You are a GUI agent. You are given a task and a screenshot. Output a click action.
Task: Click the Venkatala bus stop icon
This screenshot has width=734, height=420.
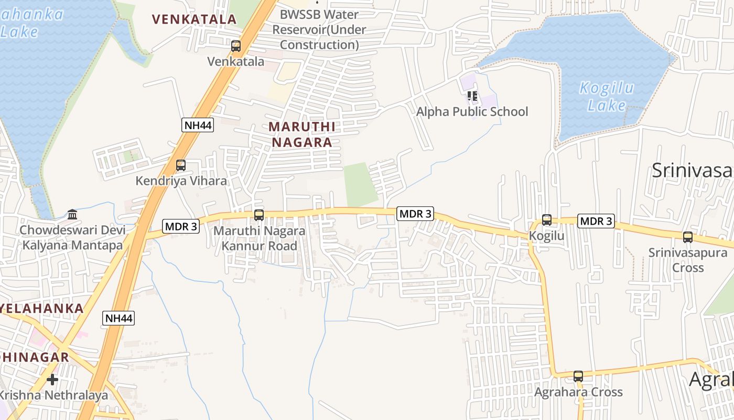(236, 46)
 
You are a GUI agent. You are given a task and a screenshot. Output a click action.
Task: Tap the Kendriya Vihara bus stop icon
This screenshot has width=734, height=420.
(181, 165)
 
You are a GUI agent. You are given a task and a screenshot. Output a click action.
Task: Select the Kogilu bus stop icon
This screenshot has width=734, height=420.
(547, 220)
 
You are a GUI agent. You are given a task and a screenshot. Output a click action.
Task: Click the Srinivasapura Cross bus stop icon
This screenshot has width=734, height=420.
(688, 237)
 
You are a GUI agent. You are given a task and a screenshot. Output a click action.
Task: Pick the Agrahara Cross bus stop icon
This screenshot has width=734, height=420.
(578, 376)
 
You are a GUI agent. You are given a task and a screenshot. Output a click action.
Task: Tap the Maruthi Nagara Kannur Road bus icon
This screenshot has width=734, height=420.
(259, 215)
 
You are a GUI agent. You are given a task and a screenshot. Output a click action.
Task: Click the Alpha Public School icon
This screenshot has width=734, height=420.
(472, 96)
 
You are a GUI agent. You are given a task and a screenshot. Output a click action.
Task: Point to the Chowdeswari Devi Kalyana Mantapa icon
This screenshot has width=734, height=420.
(72, 214)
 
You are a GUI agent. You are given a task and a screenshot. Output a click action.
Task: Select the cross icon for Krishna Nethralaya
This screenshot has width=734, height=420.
(52, 379)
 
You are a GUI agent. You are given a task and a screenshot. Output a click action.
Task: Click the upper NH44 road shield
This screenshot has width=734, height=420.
(198, 125)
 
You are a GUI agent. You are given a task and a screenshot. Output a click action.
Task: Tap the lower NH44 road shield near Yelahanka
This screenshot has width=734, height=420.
(119, 318)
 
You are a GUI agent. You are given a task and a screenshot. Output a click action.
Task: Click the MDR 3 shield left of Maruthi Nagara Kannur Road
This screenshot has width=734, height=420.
(181, 226)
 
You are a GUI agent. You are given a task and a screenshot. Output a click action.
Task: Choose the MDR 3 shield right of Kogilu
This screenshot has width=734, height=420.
(596, 221)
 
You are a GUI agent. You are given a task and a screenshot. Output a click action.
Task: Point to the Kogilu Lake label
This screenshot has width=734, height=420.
(607, 97)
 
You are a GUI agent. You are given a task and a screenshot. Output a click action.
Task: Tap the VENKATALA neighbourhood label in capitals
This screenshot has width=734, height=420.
(194, 19)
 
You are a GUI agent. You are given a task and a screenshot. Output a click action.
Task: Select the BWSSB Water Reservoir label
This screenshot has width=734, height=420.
(319, 29)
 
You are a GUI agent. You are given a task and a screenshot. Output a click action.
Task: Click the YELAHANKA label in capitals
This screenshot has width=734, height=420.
(42, 308)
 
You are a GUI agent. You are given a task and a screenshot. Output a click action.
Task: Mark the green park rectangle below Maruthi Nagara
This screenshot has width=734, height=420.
(361, 184)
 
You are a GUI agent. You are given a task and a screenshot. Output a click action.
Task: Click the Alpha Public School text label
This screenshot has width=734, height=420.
(472, 111)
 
